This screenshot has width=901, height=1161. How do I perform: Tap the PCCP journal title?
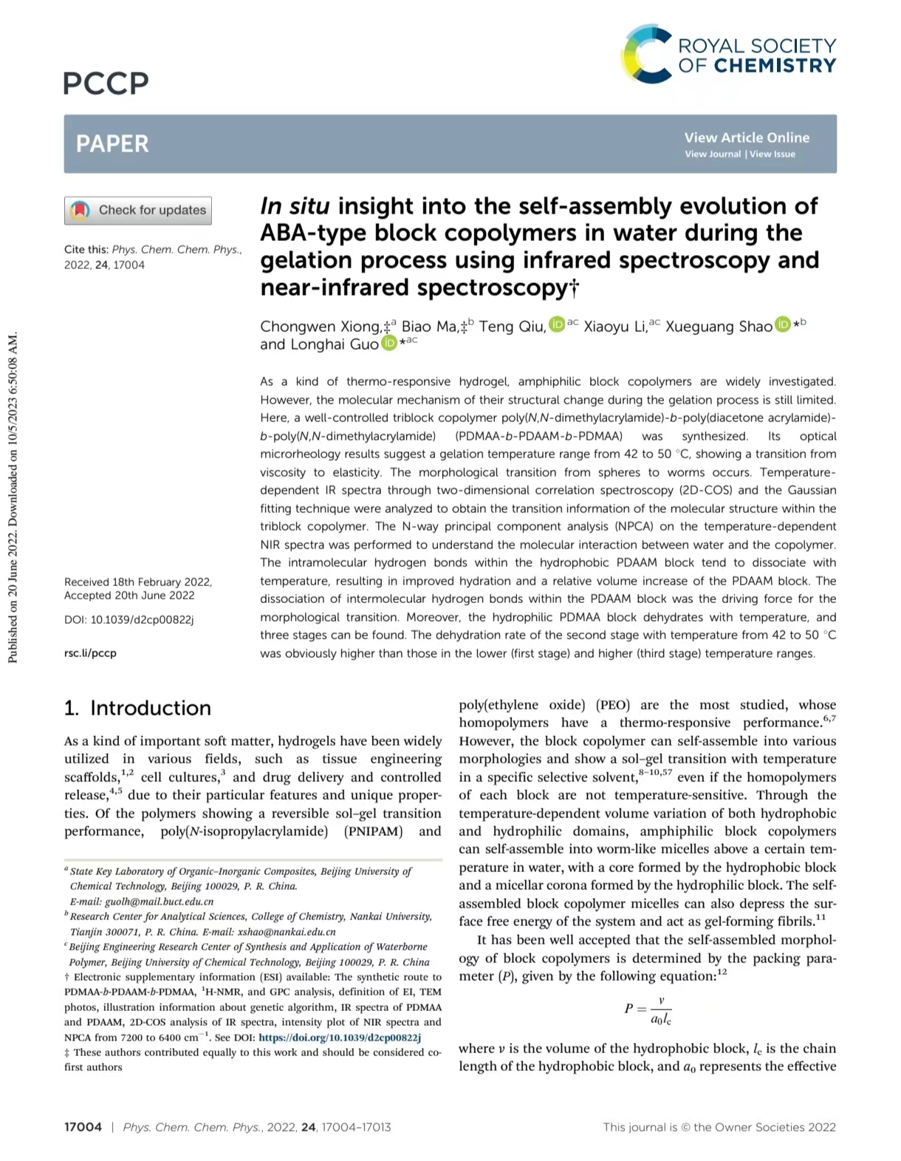[106, 84]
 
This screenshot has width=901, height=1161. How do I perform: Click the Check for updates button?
[138, 211]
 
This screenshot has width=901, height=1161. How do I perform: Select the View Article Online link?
[746, 137]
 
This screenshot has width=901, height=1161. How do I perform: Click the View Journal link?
[712, 154]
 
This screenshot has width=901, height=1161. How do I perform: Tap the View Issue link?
[772, 154]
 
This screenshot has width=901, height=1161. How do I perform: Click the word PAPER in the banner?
[112, 143]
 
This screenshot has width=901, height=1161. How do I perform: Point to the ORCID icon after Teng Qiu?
[557, 324]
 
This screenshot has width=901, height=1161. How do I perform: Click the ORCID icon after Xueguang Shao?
[782, 324]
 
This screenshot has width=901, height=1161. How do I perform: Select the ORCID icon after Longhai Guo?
[388, 342]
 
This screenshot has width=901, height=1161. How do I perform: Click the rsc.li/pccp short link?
[90, 653]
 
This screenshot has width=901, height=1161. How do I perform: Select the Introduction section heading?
[137, 708]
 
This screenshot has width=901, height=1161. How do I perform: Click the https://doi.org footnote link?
[339, 1038]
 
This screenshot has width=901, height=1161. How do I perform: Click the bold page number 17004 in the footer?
[83, 1127]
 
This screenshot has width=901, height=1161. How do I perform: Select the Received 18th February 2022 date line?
[138, 582]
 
